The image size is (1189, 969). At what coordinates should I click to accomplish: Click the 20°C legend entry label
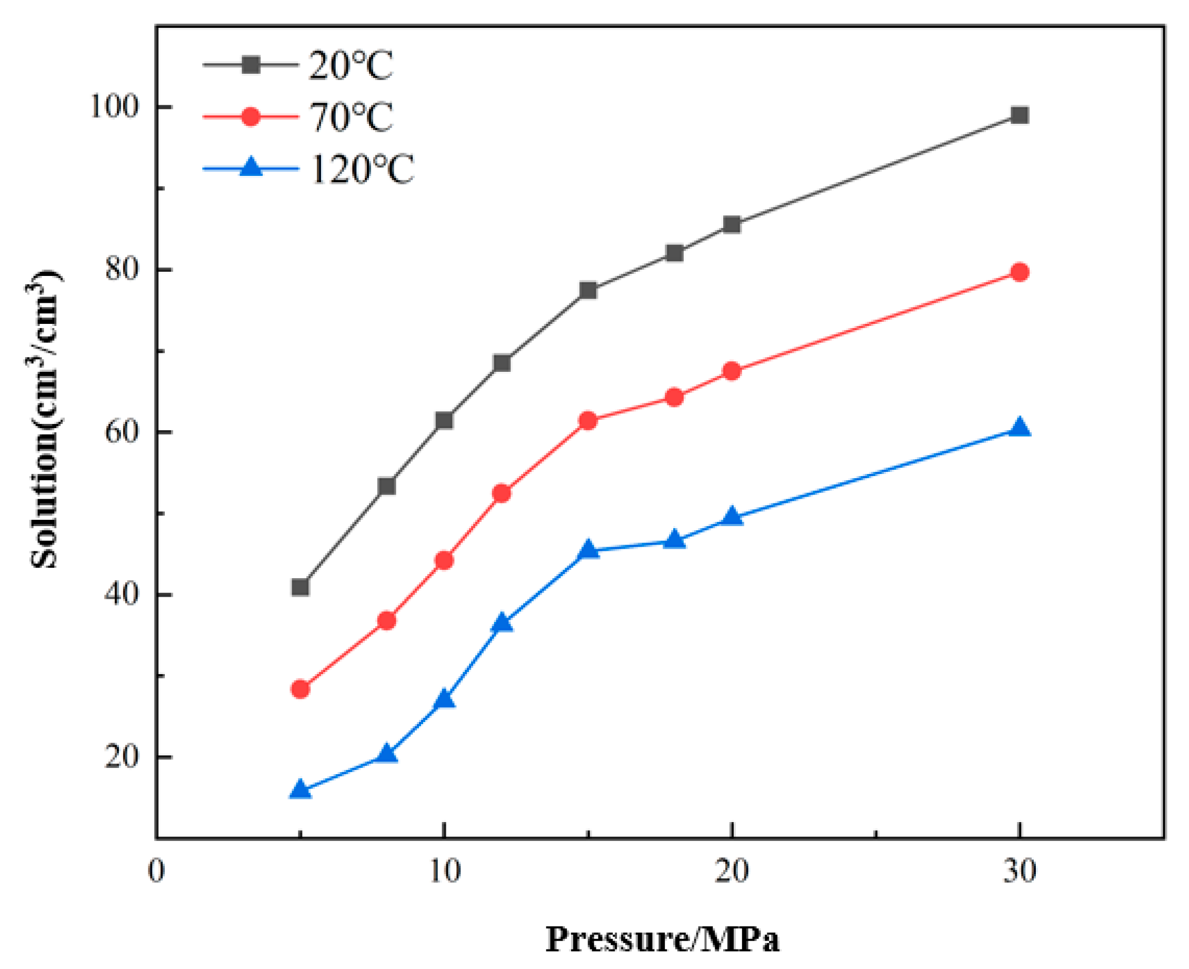[351, 66]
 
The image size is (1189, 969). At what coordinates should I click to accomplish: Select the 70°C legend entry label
[351, 117]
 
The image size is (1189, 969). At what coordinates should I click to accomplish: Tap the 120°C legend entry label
[362, 169]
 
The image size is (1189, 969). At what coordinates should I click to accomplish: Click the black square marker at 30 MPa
[1020, 115]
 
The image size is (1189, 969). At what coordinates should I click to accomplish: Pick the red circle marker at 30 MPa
[1020, 272]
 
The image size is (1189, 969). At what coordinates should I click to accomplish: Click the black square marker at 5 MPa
[300, 587]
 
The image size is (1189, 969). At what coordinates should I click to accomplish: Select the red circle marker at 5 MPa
[300, 689]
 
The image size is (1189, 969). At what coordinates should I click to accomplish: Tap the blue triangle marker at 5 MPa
[300, 789]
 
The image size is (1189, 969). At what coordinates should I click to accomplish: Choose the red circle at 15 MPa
[588, 421]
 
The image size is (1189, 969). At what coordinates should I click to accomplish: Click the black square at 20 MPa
[732, 225]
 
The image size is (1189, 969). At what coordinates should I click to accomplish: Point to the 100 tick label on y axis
[114, 106]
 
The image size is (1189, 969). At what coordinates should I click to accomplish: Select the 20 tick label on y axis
[121, 757]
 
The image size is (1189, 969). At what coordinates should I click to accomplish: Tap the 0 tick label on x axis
[156, 871]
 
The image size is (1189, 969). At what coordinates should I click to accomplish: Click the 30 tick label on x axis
[1020, 871]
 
